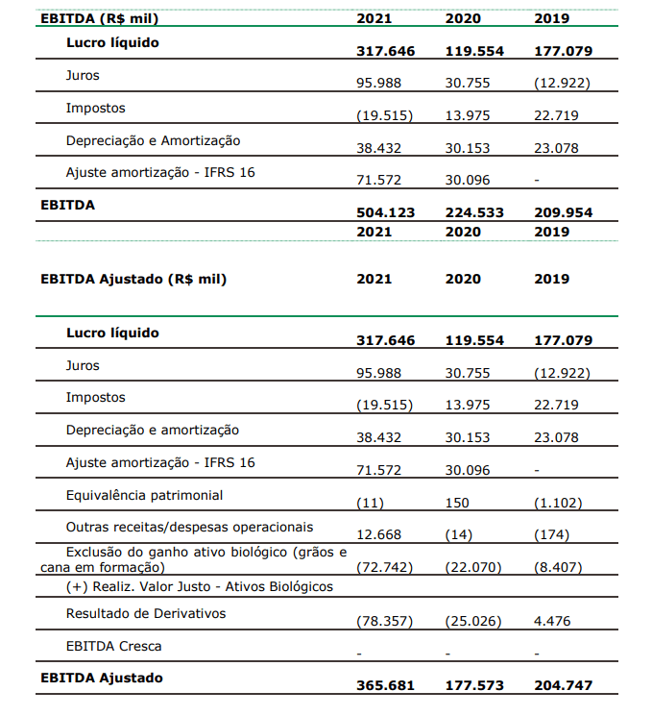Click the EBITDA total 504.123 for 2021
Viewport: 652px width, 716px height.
pyautogui.click(x=385, y=212)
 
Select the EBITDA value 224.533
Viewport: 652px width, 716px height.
pyautogui.click(x=474, y=212)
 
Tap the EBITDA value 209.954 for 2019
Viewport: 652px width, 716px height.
pyautogui.click(x=563, y=212)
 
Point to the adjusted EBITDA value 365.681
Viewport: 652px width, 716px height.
pyautogui.click(x=385, y=685)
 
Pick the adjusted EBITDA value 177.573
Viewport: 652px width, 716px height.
pyautogui.click(x=474, y=685)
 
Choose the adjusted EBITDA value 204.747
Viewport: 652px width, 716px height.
pyautogui.click(x=563, y=685)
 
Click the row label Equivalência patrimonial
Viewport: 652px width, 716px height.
pyautogui.click(x=144, y=495)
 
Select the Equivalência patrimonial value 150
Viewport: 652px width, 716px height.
pyautogui.click(x=458, y=503)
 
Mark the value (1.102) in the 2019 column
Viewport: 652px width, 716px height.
pyautogui.click(x=558, y=503)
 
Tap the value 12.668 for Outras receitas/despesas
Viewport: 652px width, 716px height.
pyautogui.click(x=378, y=534)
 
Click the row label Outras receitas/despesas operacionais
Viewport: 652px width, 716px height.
pyautogui.click(x=189, y=527)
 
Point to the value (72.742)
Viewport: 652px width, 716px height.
pyautogui.click(x=384, y=567)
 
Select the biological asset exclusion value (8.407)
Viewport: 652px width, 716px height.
pyautogui.click(x=558, y=567)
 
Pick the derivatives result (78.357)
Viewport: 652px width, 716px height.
pyautogui.click(x=384, y=621)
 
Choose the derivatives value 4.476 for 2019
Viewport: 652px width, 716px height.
pyautogui.click(x=552, y=621)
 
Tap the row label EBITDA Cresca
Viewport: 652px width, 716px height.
pyautogui.click(x=113, y=646)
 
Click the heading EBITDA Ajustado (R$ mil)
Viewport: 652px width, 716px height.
pyautogui.click(x=133, y=280)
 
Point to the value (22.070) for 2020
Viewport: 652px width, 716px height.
pyautogui.click(x=473, y=567)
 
